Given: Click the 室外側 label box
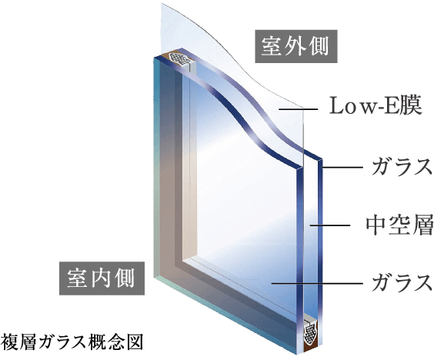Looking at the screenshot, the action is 296,46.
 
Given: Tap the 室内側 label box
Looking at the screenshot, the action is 102,278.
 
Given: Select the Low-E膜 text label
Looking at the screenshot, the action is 376,105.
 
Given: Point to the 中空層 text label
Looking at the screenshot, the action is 399,226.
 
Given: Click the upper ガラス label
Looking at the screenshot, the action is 402,167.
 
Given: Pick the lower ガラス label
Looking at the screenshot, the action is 402,282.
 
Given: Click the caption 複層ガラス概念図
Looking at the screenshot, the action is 72,342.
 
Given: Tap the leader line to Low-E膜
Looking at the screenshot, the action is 298,109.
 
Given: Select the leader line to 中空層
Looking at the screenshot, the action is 330,226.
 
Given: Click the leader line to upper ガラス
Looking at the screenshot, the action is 342,168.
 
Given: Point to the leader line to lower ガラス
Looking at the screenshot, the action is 317,283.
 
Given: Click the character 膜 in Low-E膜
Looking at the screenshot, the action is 412,105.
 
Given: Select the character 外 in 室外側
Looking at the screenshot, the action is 295,46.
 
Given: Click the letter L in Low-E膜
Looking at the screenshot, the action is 336,105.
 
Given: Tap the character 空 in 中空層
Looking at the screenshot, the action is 399,226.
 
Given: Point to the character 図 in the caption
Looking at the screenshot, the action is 135,342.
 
